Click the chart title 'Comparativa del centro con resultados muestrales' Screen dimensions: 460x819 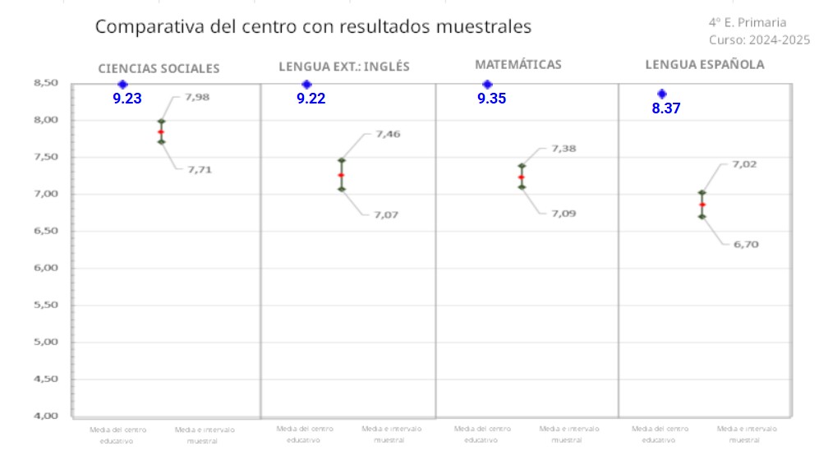313,26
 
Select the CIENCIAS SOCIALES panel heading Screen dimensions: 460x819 159,69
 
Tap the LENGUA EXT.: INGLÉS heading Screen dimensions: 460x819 343,67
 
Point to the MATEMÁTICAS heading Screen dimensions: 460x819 518,64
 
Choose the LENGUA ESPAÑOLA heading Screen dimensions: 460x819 704,64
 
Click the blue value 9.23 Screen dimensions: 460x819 127,99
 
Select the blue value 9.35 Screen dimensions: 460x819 491,99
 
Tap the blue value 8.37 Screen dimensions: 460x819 666,108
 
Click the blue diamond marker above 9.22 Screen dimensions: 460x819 306,84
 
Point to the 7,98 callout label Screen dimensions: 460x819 197,97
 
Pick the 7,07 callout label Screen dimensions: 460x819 386,214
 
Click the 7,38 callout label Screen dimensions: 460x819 564,149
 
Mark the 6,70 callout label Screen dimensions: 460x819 745,244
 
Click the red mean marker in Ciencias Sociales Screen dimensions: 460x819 161,131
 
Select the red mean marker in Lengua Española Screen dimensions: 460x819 702,205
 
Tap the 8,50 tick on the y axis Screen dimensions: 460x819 46,83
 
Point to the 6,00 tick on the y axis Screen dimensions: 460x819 46,268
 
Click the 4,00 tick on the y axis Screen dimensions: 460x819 46,416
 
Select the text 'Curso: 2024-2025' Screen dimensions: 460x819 759,39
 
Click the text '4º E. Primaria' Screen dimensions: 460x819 747,22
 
